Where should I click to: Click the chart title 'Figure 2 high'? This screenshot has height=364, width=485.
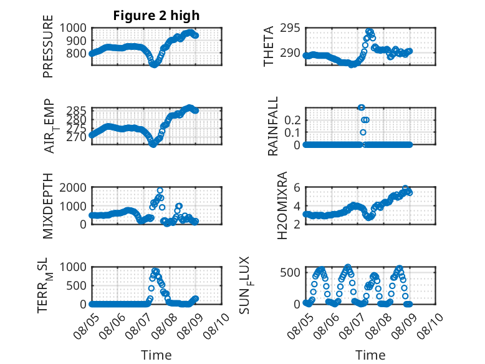pos(156,16)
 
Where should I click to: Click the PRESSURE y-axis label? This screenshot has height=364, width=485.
pos(48,46)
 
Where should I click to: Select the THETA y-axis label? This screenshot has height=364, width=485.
pos(269,46)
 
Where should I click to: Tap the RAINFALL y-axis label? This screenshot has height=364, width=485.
pos(273,126)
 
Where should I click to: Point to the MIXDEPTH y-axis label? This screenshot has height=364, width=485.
pos(48,206)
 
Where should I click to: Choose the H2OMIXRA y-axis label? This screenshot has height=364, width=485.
pos(282,205)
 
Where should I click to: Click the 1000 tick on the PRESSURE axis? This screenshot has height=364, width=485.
pos(73,28)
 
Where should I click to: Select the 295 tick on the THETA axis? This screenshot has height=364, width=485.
pos(290,28)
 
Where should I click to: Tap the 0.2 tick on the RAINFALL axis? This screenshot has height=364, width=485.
pos(292,120)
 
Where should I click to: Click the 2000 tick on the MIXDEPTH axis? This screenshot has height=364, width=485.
pos(73,187)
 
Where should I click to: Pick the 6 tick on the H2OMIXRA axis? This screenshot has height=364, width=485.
pos(297,187)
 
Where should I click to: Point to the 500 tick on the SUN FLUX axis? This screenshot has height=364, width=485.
pos(290,273)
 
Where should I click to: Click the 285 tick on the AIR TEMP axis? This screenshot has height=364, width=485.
pos(77,111)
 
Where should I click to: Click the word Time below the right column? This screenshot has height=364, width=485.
pos(370,355)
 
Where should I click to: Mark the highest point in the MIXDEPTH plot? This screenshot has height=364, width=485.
pos(160,190)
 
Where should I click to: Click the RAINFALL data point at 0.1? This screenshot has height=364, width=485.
pos(363,132)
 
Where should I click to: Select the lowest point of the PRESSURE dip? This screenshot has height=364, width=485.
pos(153,65)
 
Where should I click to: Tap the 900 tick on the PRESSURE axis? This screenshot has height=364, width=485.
pos(77,41)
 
